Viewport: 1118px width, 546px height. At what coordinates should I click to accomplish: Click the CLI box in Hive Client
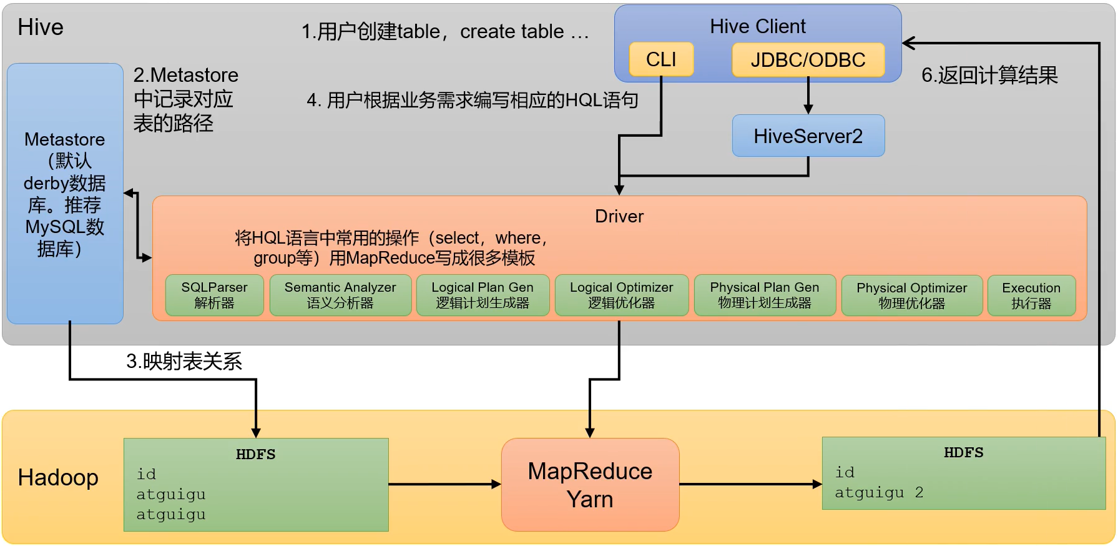(661, 59)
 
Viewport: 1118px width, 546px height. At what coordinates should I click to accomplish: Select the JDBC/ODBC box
(808, 60)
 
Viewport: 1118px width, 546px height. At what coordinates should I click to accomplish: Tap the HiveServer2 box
(808, 136)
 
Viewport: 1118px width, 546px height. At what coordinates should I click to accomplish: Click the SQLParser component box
(214, 295)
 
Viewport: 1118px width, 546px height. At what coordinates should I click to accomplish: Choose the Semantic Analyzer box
(340, 295)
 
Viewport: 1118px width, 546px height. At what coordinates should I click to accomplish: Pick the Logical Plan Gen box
(483, 295)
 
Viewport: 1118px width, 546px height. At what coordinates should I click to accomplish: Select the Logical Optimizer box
(621, 295)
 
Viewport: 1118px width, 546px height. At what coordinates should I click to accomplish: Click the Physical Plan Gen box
(764, 295)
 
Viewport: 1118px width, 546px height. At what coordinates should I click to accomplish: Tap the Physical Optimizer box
(911, 295)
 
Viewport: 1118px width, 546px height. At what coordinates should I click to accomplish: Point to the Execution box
(1031, 295)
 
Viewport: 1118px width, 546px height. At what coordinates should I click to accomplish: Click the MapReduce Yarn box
(590, 485)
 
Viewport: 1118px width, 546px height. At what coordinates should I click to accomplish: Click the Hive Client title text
(757, 26)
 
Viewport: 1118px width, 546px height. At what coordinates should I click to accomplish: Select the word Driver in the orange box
(619, 216)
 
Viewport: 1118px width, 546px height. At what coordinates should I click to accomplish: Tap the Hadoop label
(58, 477)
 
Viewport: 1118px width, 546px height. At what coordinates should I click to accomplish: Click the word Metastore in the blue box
(64, 139)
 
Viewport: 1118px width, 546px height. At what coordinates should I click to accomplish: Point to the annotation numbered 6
(989, 76)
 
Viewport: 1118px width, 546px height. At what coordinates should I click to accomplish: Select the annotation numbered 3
(184, 361)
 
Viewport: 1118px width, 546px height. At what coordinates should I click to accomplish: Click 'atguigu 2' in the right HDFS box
(878, 493)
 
